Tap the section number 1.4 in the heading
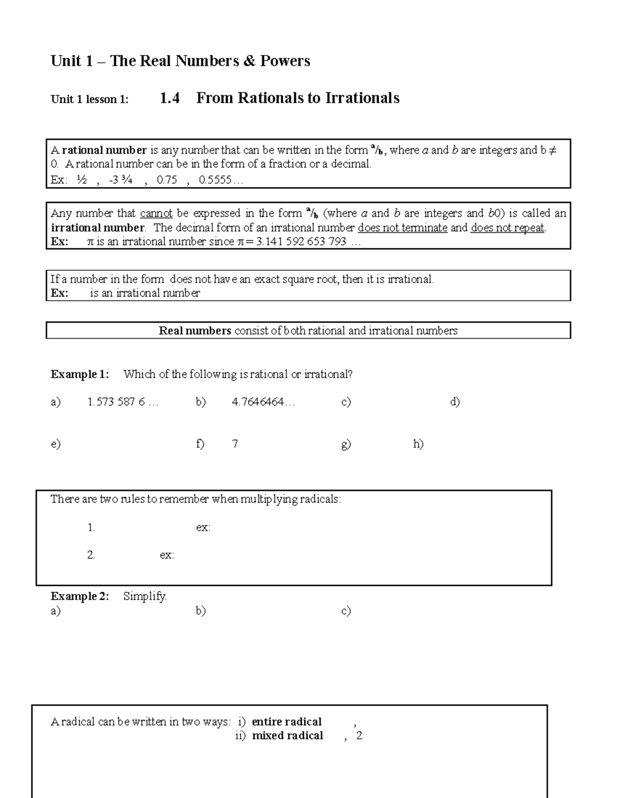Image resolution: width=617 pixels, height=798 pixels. point(170,98)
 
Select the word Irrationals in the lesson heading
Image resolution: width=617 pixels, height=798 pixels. point(362,98)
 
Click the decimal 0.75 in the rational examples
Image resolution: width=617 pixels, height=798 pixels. point(167,180)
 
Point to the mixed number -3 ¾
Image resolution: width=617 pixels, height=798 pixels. point(121,180)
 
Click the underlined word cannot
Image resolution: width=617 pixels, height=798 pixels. point(156,213)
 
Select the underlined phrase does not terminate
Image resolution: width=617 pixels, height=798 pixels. point(403,228)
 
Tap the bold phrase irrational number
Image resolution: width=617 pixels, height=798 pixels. point(98,228)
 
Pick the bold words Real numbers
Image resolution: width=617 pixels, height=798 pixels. point(195,331)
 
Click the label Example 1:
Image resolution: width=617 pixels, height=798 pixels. point(80,374)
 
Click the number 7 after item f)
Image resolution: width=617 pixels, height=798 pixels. point(235,443)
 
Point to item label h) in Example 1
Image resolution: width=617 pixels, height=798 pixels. point(418,443)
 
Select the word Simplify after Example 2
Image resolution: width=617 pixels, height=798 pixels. point(145,596)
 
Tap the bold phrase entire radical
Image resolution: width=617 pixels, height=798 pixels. point(286,721)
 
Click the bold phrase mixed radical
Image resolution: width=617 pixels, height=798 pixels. point(287,735)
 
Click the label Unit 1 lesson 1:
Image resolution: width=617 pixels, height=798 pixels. point(89,99)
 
